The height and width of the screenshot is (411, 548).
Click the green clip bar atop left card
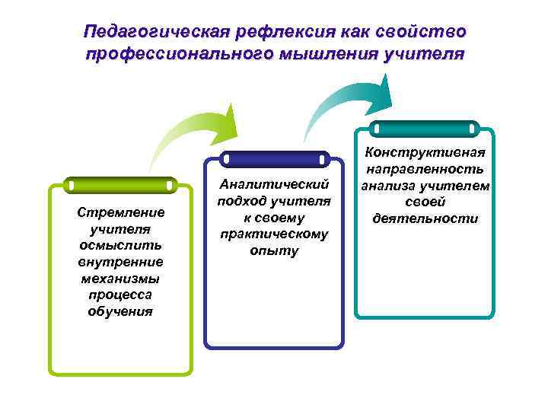(x=120, y=186)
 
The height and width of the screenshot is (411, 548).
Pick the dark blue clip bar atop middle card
(x=274, y=160)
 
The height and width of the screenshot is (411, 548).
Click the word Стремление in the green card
(x=120, y=212)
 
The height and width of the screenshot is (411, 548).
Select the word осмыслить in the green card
(x=120, y=245)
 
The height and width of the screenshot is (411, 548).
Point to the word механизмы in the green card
(x=120, y=279)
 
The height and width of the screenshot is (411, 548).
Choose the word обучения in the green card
(x=120, y=311)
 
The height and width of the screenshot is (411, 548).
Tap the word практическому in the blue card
(x=274, y=234)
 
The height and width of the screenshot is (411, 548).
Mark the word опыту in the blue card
(x=274, y=251)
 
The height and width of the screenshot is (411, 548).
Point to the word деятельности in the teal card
(x=425, y=218)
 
